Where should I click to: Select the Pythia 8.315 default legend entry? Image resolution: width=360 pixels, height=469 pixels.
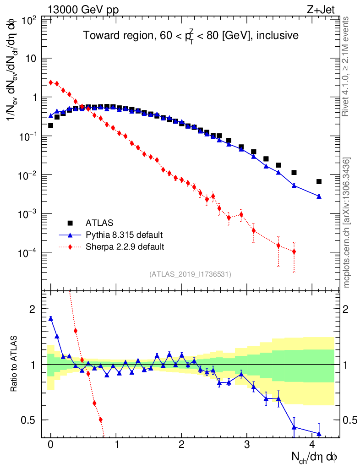pyautogui.click(x=124, y=235)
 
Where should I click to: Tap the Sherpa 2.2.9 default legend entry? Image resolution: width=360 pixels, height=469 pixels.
pyautogui.click(x=125, y=247)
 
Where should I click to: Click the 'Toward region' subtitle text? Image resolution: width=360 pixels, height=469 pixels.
pyautogui.click(x=191, y=36)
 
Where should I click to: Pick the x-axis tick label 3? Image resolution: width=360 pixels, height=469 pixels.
pyautogui.click(x=247, y=445)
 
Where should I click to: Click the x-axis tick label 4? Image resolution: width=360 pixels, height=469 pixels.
pyautogui.click(x=312, y=445)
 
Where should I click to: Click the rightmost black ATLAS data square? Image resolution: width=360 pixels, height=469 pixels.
pyautogui.click(x=319, y=181)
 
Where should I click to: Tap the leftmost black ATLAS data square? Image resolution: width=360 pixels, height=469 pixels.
pyautogui.click(x=50, y=125)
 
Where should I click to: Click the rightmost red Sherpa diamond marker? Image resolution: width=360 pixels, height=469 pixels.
pyautogui.click(x=294, y=251)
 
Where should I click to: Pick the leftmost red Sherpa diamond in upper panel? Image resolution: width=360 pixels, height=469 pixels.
pyautogui.click(x=50, y=82)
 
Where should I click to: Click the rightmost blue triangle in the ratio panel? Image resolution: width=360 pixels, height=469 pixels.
pyautogui.click(x=319, y=434)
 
